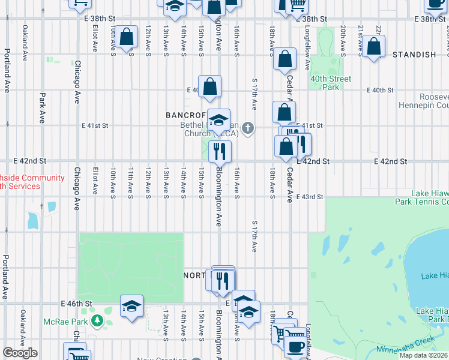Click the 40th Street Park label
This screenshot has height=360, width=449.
331,83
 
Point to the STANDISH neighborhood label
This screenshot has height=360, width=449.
414,55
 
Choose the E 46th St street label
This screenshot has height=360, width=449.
75,304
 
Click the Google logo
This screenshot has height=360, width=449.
20,353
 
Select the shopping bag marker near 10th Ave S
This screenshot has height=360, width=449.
127,37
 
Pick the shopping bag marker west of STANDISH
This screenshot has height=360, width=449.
373,47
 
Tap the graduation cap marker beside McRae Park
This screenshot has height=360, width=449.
131,306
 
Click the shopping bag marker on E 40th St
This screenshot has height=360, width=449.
210,86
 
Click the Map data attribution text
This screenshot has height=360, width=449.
423,355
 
